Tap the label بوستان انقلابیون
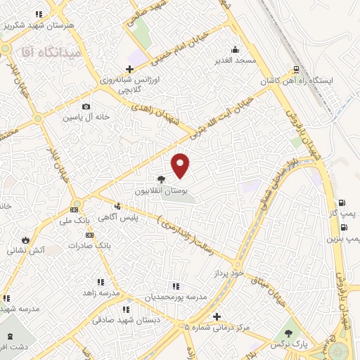point(162,191)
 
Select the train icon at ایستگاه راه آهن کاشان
point(297,70)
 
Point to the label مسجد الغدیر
point(236,60)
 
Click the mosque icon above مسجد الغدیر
point(236,49)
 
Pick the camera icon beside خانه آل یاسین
point(85,107)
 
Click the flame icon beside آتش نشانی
point(26,239)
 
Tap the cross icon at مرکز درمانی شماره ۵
point(217,317)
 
